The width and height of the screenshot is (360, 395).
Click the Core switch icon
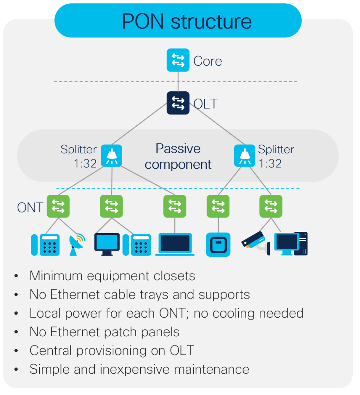pos(178,60)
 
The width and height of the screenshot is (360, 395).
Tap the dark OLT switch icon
pos(178,103)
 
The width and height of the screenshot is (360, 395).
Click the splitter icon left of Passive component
pos(111,156)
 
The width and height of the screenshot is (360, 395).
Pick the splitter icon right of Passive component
pos(245,156)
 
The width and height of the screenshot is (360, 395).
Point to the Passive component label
pos(178,156)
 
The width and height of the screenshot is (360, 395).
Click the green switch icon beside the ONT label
pos(58,206)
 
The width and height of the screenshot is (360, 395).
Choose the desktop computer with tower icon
pos(291,244)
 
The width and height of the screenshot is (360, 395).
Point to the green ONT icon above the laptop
pos(175,206)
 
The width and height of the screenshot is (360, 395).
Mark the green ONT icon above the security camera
pos(271,206)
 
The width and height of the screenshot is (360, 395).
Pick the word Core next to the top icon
pos(208,61)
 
